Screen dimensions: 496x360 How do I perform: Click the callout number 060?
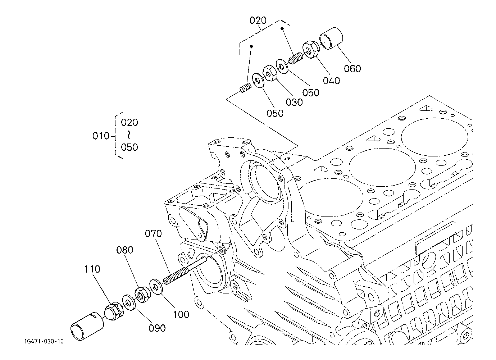click(352, 69)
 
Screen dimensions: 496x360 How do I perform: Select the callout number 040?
click(331, 81)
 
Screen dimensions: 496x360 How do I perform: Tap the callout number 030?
click(294, 102)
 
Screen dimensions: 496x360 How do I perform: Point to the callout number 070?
click(153, 233)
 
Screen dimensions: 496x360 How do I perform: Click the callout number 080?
click(125, 250)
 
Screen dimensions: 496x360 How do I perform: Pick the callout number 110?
click(92, 269)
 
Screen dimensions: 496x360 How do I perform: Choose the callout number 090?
click(157, 328)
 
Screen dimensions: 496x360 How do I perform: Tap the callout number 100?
click(181, 315)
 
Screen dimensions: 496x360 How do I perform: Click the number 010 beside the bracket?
click(101, 136)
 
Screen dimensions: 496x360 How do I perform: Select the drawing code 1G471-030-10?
click(44, 342)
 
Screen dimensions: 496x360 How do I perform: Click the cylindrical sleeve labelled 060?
click(332, 38)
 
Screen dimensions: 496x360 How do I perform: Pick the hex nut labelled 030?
click(269, 73)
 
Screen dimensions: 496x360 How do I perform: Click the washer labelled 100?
click(156, 287)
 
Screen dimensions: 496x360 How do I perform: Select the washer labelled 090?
click(129, 303)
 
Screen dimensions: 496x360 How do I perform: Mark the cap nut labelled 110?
click(114, 311)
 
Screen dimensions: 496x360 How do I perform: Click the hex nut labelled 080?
click(142, 295)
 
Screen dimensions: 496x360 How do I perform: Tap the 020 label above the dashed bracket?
click(258, 20)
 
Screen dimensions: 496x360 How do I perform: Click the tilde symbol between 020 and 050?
click(129, 135)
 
